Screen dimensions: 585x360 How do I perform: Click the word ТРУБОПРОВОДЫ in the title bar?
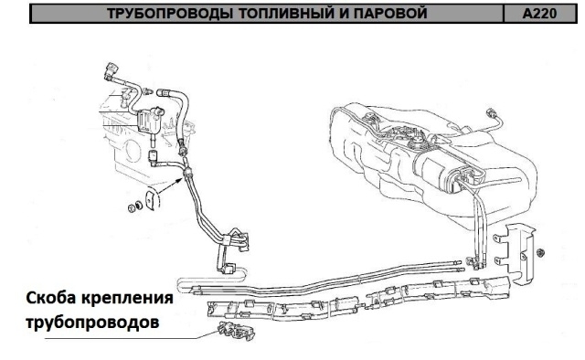pos(170,14)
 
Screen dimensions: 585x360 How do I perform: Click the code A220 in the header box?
pos(539,14)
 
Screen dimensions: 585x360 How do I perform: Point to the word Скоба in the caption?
pos(50,298)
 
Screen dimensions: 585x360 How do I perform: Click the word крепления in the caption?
pos(127,299)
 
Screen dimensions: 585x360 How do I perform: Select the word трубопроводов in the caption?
pos(92,323)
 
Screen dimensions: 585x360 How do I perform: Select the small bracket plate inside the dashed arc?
pos(150,200)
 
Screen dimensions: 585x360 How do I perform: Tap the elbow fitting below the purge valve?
pos(154,158)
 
